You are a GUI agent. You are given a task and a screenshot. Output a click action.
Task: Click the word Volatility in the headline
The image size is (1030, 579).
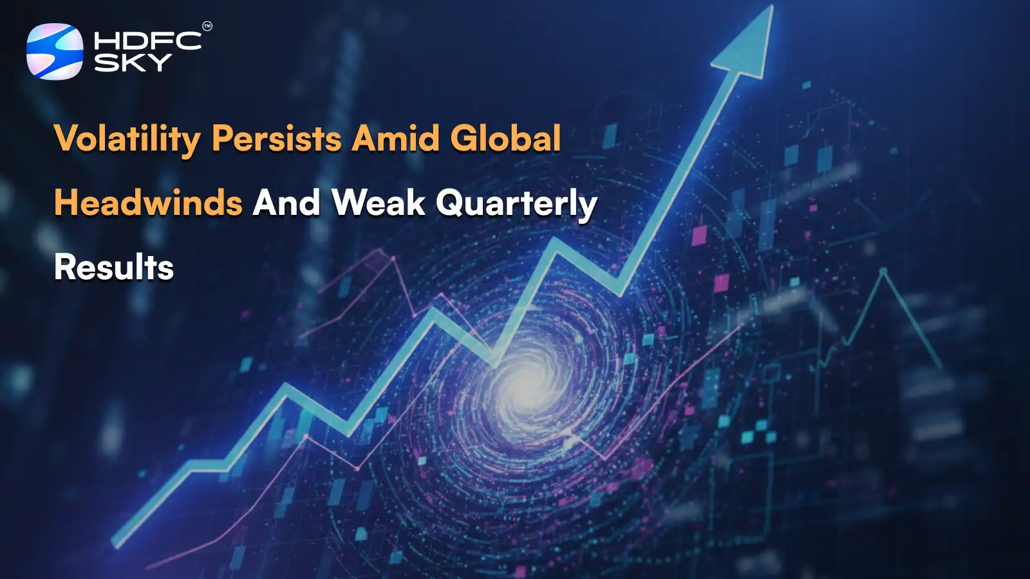127,138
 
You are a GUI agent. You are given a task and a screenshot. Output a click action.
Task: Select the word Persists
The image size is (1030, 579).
277,138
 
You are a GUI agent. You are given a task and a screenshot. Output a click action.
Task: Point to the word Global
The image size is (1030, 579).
505,138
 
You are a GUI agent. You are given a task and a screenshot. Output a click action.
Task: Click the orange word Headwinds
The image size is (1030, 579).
148,203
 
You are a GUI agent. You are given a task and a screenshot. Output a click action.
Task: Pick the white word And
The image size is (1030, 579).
286,203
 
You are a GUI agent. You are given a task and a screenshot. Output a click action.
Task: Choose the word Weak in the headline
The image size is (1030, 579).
379,203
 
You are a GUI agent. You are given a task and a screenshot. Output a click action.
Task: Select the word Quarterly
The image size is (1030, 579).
516,204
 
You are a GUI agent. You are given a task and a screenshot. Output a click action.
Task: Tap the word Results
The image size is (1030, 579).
114,268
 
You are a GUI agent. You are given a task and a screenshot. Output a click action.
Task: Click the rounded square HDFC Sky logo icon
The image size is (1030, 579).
55,51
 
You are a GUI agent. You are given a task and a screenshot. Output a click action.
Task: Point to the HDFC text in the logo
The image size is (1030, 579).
147,41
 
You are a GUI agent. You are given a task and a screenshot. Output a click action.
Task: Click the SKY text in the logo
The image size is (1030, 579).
133,62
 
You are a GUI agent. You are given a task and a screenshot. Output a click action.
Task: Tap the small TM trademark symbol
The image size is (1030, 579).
207,26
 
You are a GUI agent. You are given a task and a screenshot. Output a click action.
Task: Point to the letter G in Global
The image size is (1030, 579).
465,138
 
